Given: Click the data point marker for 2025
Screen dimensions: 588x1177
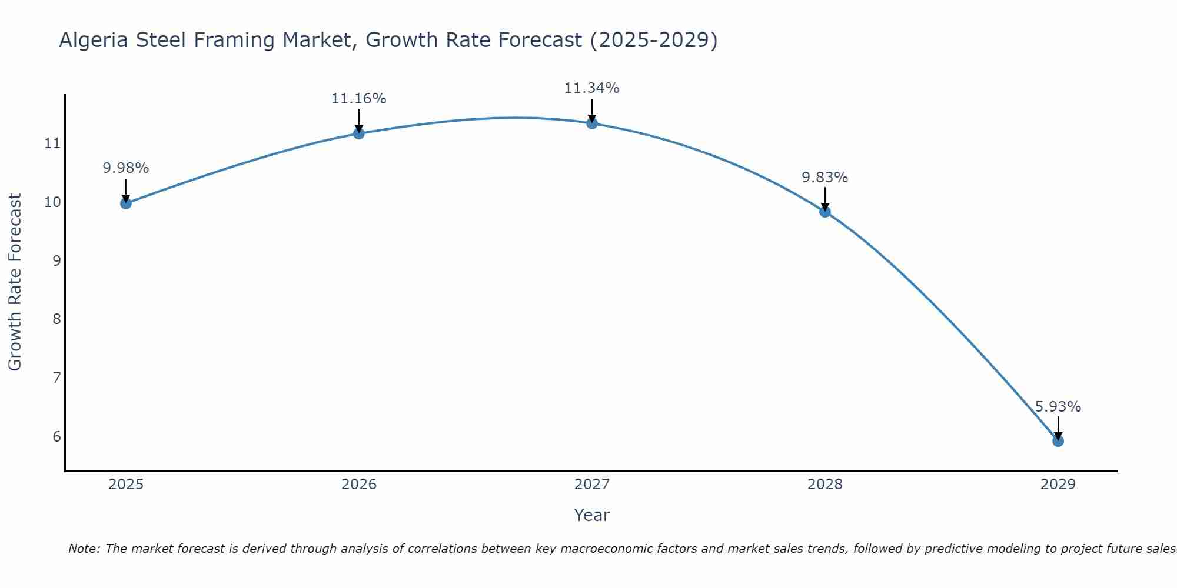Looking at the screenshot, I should point(125,203).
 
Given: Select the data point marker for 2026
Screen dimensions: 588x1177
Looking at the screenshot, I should point(358,133).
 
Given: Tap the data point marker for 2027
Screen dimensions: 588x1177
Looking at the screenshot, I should point(592,123).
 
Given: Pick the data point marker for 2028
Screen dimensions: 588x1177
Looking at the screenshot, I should point(825,212).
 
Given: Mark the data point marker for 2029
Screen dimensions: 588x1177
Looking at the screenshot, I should point(1058,441).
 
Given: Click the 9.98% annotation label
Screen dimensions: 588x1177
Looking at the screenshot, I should point(125,168).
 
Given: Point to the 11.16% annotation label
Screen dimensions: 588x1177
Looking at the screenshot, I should point(358,99).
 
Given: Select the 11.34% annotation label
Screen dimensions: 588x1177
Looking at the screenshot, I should point(591,88).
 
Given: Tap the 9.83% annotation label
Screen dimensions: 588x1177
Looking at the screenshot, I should point(824,178).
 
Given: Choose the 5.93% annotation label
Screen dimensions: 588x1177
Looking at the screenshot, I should point(1058,407).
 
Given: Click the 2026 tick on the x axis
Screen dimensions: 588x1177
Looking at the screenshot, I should point(359,485).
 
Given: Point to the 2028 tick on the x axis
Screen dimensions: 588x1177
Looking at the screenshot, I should point(825,485).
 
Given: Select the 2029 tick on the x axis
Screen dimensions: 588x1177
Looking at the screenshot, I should point(1058,485).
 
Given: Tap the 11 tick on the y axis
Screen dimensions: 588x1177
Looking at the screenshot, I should point(52,143).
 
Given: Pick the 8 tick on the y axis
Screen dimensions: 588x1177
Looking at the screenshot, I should point(56,319).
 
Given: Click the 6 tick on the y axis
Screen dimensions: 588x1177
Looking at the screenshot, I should point(56,436).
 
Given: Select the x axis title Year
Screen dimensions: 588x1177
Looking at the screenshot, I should point(591,515).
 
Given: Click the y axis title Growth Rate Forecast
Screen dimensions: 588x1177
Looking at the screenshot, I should point(15,282).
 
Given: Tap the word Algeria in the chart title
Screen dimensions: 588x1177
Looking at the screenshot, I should point(94,41).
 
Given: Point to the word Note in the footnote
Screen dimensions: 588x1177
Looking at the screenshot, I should point(84,549).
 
